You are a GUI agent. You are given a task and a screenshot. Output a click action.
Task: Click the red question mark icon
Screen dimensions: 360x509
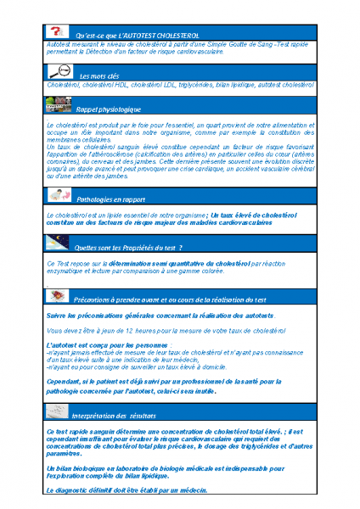click(57, 31)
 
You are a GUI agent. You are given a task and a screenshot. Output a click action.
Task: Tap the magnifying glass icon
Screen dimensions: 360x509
click(59, 71)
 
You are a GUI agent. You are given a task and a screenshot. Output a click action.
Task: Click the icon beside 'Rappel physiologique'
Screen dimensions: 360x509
click(59, 105)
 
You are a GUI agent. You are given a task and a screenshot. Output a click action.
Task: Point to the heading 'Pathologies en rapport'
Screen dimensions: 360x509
click(110, 199)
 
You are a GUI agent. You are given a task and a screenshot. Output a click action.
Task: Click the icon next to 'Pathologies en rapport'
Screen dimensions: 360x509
click(59, 196)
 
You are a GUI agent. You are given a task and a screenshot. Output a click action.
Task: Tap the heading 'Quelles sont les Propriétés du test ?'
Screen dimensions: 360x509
click(129, 248)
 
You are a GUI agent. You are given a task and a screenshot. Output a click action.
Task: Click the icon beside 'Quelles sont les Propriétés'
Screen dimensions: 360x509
click(59, 243)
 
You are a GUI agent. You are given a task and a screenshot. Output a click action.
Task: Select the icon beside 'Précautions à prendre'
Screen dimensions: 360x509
click(59, 295)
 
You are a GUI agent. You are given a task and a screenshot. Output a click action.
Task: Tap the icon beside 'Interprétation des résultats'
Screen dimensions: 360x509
click(59, 411)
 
